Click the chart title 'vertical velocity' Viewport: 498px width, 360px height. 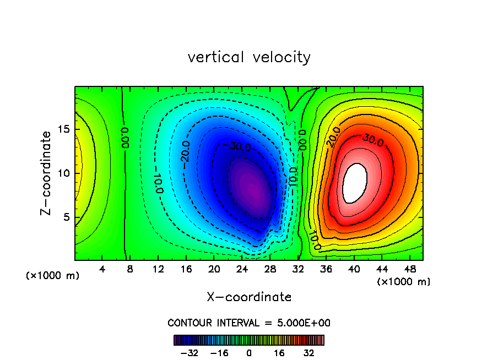click(x=249, y=57)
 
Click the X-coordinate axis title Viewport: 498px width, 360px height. click(x=249, y=297)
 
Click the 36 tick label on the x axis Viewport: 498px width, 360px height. click(x=326, y=269)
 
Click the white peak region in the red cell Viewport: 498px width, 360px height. click(x=355, y=183)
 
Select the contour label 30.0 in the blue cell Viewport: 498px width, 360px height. click(x=240, y=148)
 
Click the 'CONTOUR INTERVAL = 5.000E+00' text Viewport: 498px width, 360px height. click(x=249, y=323)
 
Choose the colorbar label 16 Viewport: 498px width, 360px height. click(x=279, y=352)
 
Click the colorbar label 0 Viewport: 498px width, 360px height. click(x=249, y=352)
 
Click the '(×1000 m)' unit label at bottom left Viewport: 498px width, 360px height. click(x=53, y=275)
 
